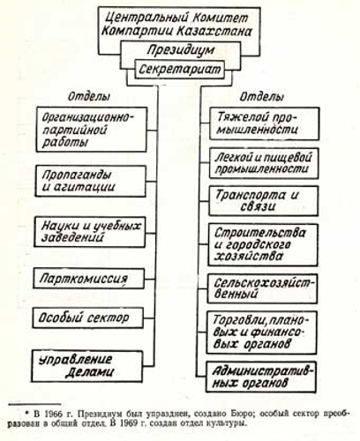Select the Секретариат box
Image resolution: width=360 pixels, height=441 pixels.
tap(179, 70)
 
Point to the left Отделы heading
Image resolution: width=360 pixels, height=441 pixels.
tap(89, 96)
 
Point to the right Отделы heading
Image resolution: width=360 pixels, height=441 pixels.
tap(262, 96)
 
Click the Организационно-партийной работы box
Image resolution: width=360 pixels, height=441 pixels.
tap(92, 130)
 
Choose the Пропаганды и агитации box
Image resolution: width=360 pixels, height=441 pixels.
tap(90, 181)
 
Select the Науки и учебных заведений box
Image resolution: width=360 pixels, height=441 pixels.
tap(90, 232)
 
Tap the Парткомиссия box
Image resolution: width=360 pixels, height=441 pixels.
tap(88, 279)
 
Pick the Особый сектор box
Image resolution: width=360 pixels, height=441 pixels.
tap(88, 318)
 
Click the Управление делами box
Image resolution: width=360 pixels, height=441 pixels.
tap(87, 366)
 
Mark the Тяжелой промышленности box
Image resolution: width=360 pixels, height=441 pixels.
tap(265, 123)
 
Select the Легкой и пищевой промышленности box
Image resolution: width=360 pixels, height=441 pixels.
tap(264, 163)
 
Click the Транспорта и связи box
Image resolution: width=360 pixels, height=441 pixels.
tap(263, 201)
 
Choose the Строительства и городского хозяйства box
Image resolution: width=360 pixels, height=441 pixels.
tap(263, 245)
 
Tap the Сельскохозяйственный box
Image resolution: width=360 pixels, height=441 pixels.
tap(262, 288)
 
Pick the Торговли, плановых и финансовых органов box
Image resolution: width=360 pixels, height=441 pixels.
tap(261, 333)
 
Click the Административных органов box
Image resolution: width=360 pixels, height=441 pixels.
tap(261, 377)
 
